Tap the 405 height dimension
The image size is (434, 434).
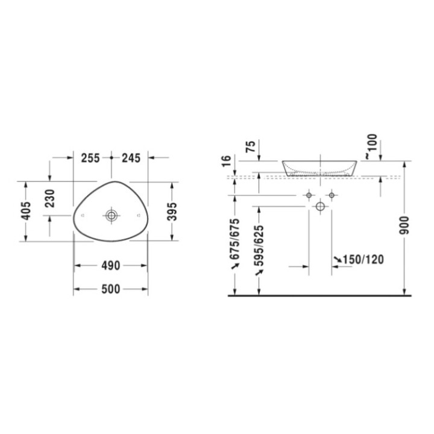[x=25, y=211]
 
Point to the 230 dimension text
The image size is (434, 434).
[x=50, y=198]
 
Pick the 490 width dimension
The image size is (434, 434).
[x=111, y=265]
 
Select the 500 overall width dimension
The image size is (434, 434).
[x=111, y=290]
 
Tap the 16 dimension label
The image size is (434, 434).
[x=226, y=162]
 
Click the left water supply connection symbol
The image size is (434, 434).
[x=309, y=196]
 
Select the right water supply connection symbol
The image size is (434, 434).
[x=331, y=196]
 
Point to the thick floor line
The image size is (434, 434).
[x=319, y=296]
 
